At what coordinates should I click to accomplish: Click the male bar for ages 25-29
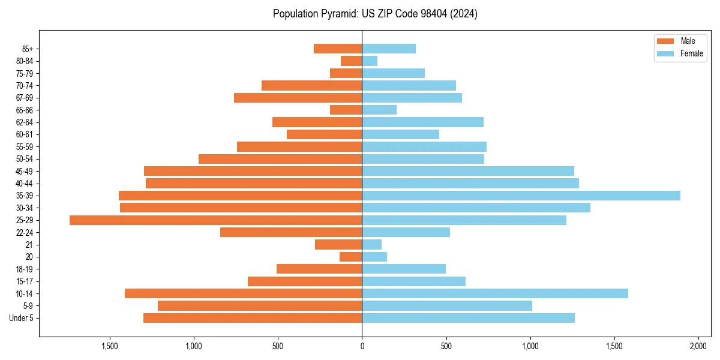pos(215,220)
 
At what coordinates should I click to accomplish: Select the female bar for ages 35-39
pos(521,196)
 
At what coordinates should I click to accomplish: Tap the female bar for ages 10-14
pos(495,293)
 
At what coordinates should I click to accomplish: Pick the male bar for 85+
pos(338,49)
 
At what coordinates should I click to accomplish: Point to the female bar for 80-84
pos(370,61)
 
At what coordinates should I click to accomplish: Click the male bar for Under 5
pos(253,318)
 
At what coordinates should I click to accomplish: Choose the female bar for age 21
pos(371,245)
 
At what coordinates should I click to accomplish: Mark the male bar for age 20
pos(351,257)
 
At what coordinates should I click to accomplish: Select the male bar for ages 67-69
pos(298,98)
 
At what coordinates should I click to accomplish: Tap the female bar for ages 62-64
pos(422,122)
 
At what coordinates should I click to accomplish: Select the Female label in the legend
pos(692,53)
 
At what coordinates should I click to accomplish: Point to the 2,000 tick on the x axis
pos(698,347)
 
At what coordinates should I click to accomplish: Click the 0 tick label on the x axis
pos(362,347)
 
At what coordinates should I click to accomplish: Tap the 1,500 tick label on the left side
pos(110,347)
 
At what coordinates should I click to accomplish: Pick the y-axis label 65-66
pos(24,110)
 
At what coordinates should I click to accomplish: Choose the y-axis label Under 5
pos(22,318)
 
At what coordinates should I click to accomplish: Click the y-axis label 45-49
pos(24,172)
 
